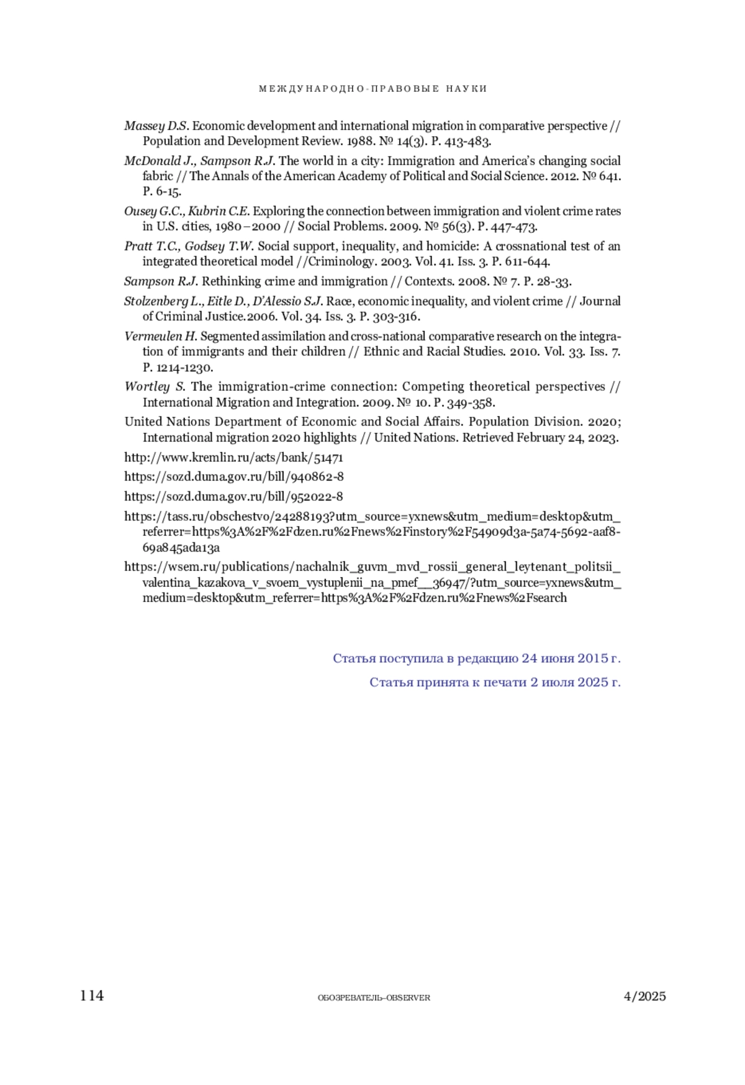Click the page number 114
coord(92,996)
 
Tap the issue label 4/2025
coord(644,996)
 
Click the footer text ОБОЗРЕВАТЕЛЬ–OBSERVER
coord(374,997)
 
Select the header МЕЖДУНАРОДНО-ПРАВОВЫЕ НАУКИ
coord(372,89)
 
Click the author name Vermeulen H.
coord(160,337)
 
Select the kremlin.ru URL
coord(233,458)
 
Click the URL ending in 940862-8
coord(233,477)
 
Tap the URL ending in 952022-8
coord(233,497)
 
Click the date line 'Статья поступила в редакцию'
coord(476,658)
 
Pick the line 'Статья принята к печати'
coord(495,683)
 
